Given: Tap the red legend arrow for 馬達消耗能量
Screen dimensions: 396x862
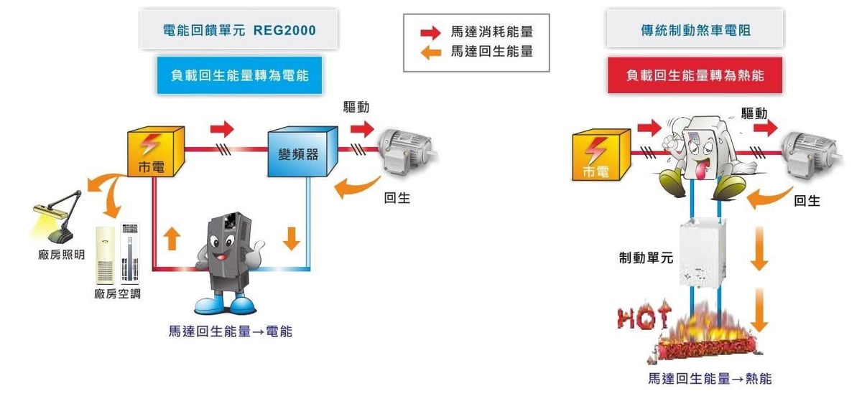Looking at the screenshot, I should point(430,32).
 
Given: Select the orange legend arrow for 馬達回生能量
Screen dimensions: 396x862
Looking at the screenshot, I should point(430,52).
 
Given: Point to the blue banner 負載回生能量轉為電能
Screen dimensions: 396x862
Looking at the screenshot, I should point(239,74).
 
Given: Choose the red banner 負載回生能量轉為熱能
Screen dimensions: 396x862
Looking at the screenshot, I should point(695,75).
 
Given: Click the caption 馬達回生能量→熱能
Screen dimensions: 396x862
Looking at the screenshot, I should point(709,379).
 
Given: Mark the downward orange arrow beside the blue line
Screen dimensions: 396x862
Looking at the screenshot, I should point(291,237).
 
